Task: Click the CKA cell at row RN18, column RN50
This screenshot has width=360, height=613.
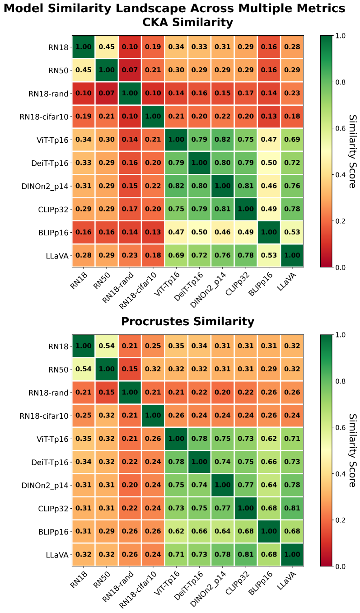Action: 107,47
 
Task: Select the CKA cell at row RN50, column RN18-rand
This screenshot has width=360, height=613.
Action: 130,70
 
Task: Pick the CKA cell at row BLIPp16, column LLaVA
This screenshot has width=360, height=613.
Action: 292,233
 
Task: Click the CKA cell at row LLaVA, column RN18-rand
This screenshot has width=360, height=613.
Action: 130,256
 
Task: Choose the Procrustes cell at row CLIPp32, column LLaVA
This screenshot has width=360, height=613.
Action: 292,508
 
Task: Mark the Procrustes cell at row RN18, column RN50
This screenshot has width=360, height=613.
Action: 107,346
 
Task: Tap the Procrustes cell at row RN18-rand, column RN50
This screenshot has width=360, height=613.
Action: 107,393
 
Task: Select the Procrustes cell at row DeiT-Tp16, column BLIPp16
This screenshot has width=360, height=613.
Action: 269,462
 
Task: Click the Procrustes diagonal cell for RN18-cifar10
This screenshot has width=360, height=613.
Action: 153,416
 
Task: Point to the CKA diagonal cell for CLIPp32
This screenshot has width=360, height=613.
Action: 245,209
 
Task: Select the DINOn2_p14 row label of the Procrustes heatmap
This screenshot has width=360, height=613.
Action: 46,485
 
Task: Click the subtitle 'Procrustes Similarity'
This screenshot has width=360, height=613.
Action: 187,322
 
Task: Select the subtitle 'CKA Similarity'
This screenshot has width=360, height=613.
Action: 187,23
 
